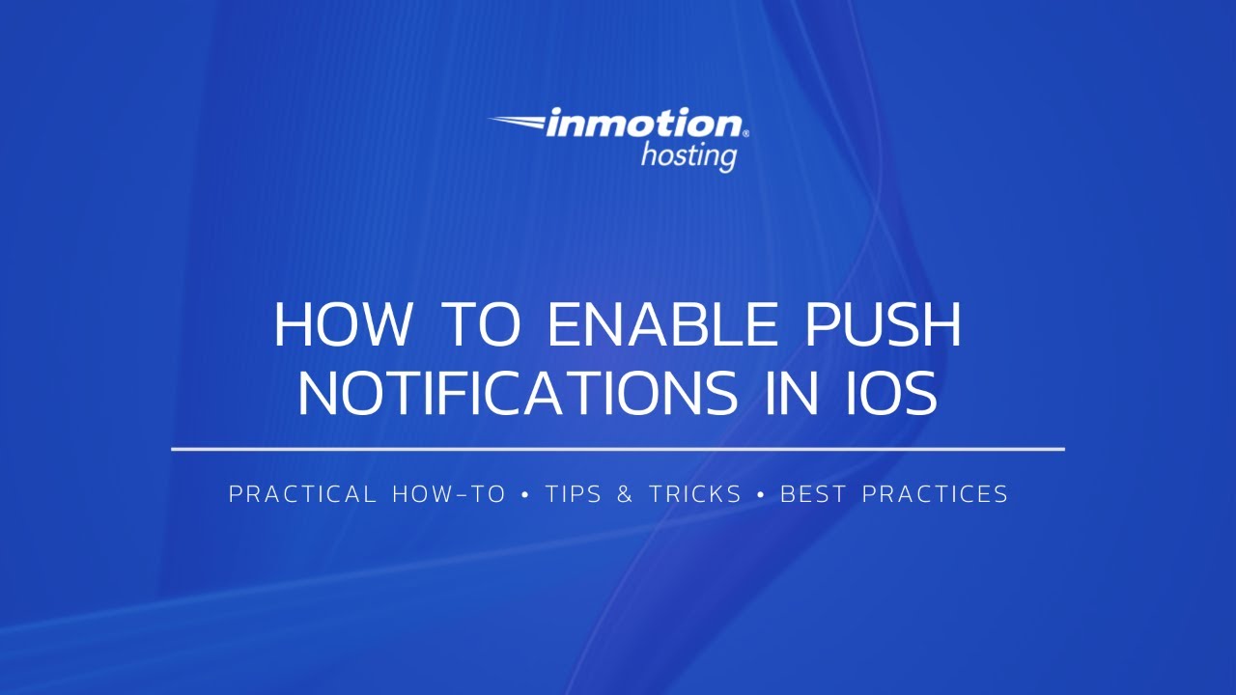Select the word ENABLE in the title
pyautogui.click(x=662, y=325)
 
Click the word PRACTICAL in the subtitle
pyautogui.click(x=302, y=494)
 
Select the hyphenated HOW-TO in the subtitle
pyautogui.click(x=449, y=494)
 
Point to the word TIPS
pyautogui.click(x=575, y=494)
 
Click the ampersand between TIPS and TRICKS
pyautogui.click(x=625, y=494)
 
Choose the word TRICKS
pyautogui.click(x=695, y=494)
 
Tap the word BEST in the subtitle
pyautogui.click(x=813, y=494)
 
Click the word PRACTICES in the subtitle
pyautogui.click(x=935, y=494)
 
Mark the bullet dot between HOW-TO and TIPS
pyautogui.click(x=525, y=495)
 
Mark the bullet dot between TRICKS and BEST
pyautogui.click(x=761, y=495)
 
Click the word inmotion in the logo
pyautogui.click(x=644, y=125)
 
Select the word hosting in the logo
pyautogui.click(x=688, y=154)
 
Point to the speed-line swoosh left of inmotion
pyautogui.click(x=517, y=123)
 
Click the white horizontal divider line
pyautogui.click(x=618, y=449)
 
